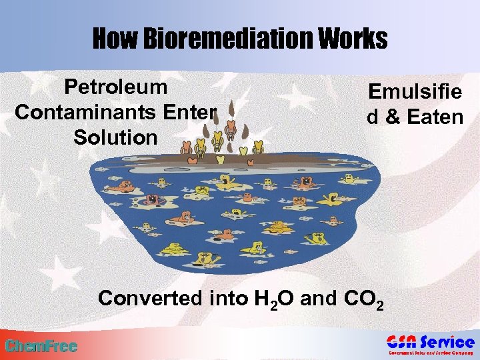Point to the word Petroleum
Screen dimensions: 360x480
click(x=115, y=87)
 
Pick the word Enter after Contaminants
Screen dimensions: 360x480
click(x=189, y=112)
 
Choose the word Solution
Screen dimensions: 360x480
click(x=115, y=137)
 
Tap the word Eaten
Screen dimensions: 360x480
click(x=435, y=117)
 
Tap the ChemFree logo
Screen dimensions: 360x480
click(x=41, y=346)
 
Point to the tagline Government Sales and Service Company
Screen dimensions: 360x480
click(x=431, y=353)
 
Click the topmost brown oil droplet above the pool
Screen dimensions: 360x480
click(x=231, y=107)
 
